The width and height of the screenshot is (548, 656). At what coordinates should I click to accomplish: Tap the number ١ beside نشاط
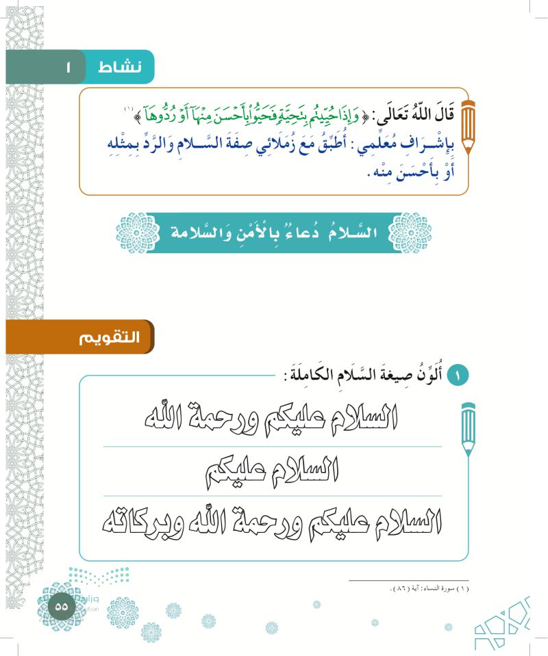tap(68, 67)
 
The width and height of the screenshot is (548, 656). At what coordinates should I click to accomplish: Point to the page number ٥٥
tap(61, 606)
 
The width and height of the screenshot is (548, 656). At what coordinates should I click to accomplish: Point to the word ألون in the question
tap(434, 375)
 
